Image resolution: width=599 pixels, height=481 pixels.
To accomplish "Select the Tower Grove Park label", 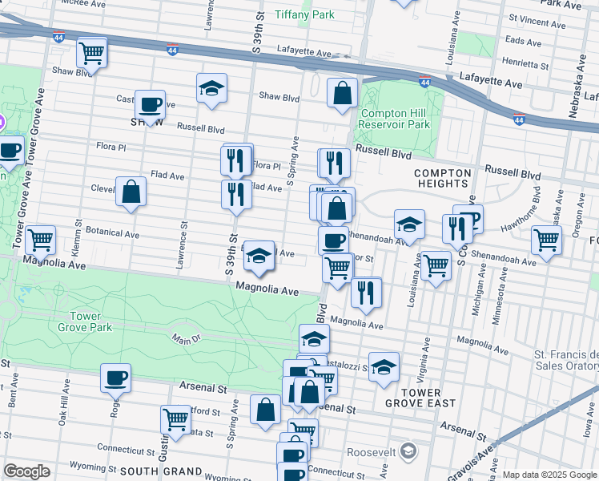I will (x=85, y=321).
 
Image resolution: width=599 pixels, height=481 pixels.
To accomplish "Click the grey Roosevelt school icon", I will (x=408, y=451).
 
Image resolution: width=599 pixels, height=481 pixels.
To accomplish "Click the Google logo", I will (x=26, y=471).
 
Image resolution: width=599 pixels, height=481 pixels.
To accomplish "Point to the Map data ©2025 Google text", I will (x=549, y=475).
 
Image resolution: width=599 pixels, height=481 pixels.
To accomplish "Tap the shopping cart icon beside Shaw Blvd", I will (x=92, y=54).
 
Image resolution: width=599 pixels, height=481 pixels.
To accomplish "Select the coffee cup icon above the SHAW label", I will (x=150, y=104).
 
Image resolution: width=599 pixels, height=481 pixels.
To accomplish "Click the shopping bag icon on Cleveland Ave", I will (x=131, y=192).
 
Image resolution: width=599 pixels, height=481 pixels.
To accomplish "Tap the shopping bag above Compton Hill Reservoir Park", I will (x=342, y=93).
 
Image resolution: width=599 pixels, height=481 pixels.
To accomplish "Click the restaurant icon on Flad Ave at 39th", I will (x=235, y=195).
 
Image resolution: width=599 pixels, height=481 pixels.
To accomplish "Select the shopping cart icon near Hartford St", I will (x=175, y=418).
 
